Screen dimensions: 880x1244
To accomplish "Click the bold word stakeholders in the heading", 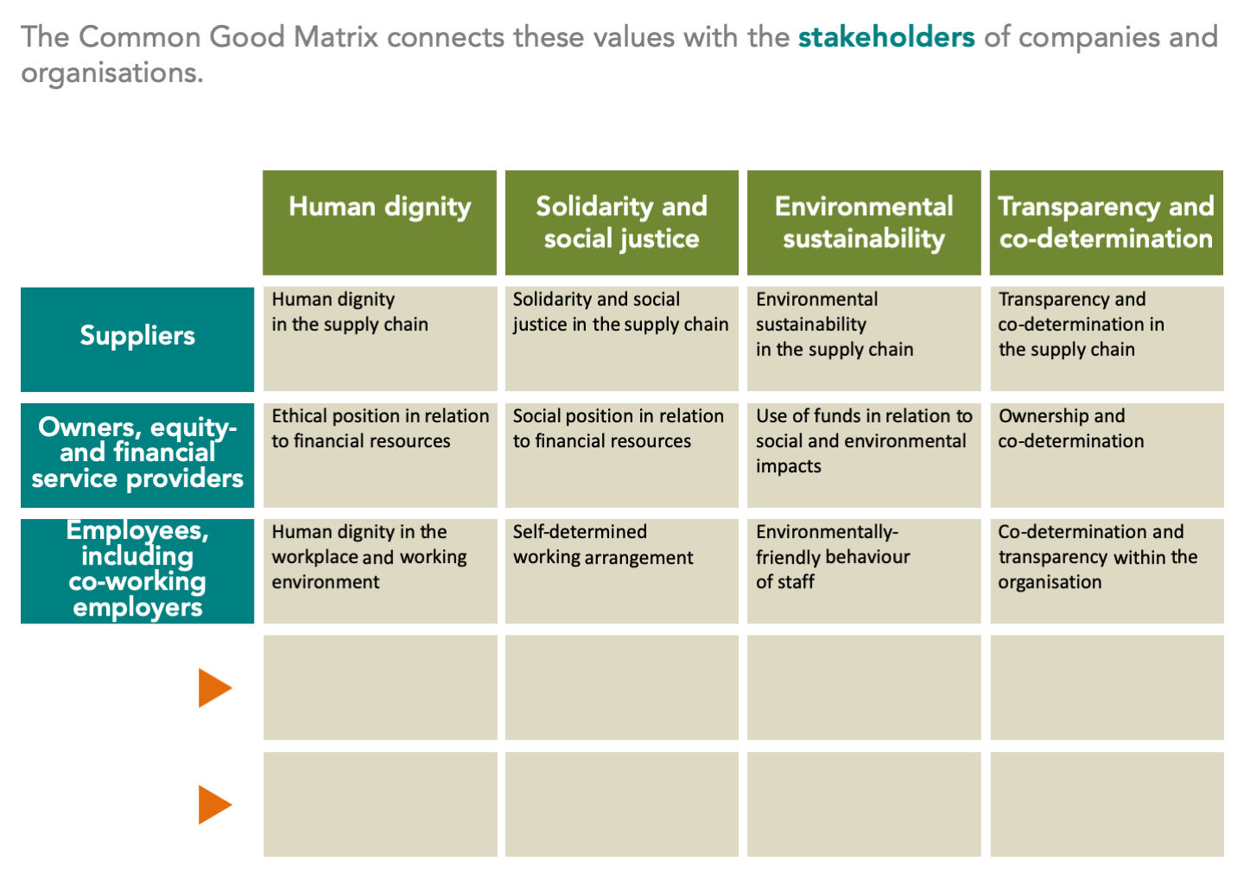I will (885, 37).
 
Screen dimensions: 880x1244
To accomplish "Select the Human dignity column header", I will (379, 207).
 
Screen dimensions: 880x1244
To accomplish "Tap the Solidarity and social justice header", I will (621, 222).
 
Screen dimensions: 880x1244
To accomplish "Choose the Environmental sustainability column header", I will (864, 222).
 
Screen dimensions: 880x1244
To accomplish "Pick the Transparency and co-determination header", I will (1106, 222).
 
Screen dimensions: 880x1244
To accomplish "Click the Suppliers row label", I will (137, 336).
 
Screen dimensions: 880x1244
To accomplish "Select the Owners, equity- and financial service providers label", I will (137, 453).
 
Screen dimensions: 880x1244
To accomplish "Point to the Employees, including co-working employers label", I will (137, 569).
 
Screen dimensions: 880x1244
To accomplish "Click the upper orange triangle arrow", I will (214, 688).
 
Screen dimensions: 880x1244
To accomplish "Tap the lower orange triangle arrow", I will (214, 805).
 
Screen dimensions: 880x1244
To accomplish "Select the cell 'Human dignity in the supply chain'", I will (350, 312).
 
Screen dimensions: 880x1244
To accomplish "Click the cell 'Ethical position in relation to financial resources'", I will (380, 428).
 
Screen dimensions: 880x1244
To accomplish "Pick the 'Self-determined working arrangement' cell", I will (603, 545).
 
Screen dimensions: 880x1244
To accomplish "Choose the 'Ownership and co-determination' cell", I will (1070, 428).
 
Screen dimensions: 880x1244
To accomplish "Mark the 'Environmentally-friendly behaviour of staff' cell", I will (832, 557).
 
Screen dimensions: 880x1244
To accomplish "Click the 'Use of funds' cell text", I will (863, 440).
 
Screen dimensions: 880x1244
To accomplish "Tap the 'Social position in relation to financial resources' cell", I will (618, 428).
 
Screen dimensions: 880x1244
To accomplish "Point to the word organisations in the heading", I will (111, 73).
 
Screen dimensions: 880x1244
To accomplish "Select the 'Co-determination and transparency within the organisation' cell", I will (1097, 557).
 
